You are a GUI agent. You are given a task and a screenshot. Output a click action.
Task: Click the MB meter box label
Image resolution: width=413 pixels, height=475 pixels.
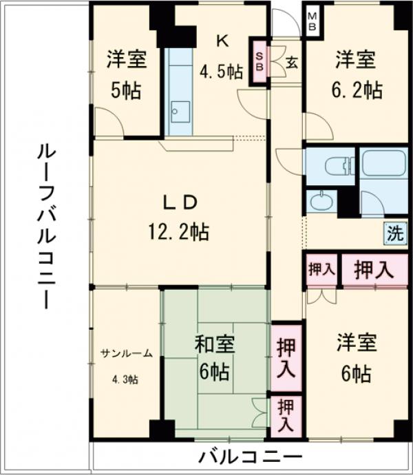tap(311, 21)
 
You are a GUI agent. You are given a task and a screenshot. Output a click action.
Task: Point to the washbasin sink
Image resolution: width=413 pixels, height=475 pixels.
tap(321, 202)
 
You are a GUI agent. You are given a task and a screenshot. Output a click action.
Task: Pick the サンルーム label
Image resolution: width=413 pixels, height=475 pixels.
tap(126, 353)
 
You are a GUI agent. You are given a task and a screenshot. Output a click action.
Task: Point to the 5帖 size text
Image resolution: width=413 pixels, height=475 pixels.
tap(126, 90)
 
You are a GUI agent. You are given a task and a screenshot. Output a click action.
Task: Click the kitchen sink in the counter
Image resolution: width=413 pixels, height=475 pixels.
tap(180, 110)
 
